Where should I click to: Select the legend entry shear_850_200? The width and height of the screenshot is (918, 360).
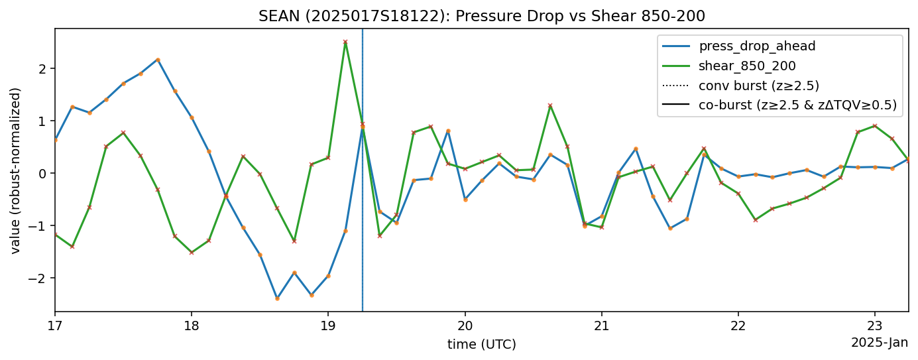click(747, 66)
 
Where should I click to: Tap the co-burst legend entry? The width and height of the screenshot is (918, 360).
click(797, 104)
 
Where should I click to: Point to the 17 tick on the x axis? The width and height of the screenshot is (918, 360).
click(55, 326)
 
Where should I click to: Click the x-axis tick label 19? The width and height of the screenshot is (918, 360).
click(328, 326)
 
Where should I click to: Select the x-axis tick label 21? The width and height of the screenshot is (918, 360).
click(601, 326)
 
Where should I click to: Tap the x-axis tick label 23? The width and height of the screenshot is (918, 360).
click(874, 326)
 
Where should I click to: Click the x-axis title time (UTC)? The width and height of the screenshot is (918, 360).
click(481, 344)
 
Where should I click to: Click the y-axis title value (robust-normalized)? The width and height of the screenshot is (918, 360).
click(16, 170)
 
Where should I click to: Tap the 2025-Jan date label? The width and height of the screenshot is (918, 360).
click(880, 343)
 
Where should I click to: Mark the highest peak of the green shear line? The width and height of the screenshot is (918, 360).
click(345, 42)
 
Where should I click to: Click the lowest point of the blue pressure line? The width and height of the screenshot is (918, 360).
click(277, 298)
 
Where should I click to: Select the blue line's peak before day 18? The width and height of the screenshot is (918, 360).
click(158, 60)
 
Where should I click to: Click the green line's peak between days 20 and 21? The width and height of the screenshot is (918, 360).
click(550, 105)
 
